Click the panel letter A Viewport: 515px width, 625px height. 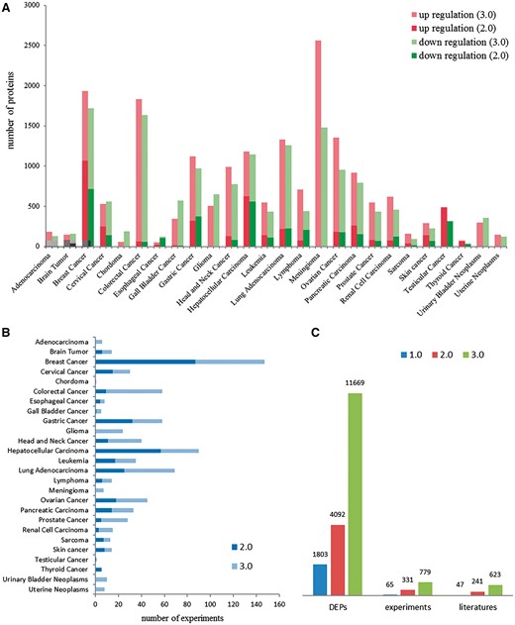[8, 8]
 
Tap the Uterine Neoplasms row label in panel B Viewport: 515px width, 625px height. [61, 588]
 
